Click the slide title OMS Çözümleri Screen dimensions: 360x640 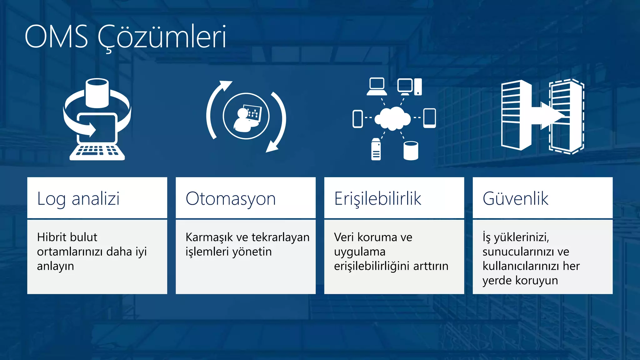(125, 37)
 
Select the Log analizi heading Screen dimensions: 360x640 (78, 198)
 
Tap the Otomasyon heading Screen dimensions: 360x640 (231, 199)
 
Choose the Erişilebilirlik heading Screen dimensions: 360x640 (377, 199)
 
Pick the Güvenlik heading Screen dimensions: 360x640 (515, 198)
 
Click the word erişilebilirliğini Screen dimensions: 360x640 (372, 266)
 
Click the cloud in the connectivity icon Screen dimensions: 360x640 (393, 118)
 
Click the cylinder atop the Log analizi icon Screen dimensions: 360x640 (97, 93)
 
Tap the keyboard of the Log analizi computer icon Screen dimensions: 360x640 (97, 152)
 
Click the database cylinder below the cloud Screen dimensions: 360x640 (411, 151)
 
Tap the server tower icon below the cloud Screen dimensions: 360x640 (376, 150)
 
